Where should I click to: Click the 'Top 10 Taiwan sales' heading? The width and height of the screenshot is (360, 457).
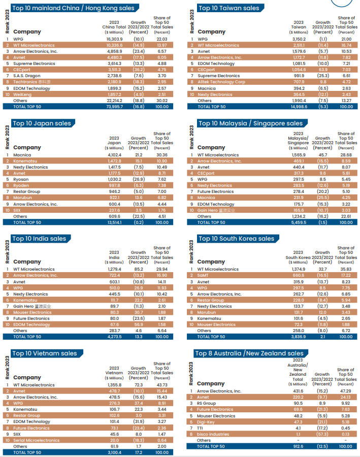point(228,8)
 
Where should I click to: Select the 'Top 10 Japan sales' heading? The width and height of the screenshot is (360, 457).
point(42,123)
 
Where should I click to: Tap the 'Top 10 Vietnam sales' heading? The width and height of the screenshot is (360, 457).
point(45,353)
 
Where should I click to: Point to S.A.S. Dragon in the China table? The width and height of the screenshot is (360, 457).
point(27,76)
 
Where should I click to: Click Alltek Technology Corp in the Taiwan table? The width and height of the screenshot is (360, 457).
point(221,82)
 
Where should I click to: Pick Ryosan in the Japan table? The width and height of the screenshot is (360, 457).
point(21,179)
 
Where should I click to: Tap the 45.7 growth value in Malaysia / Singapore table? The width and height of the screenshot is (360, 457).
point(322,155)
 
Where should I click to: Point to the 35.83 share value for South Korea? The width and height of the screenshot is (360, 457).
point(346,269)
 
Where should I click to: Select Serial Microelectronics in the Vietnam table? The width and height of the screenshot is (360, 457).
point(37,440)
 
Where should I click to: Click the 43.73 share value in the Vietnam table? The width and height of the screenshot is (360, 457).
point(162,385)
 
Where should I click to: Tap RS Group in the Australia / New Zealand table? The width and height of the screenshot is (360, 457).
point(206,403)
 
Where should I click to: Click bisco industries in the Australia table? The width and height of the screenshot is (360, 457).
point(213,434)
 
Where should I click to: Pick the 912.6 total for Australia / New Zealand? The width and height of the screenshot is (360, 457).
point(298,446)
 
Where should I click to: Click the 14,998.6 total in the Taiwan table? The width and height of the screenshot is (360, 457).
point(298,107)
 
